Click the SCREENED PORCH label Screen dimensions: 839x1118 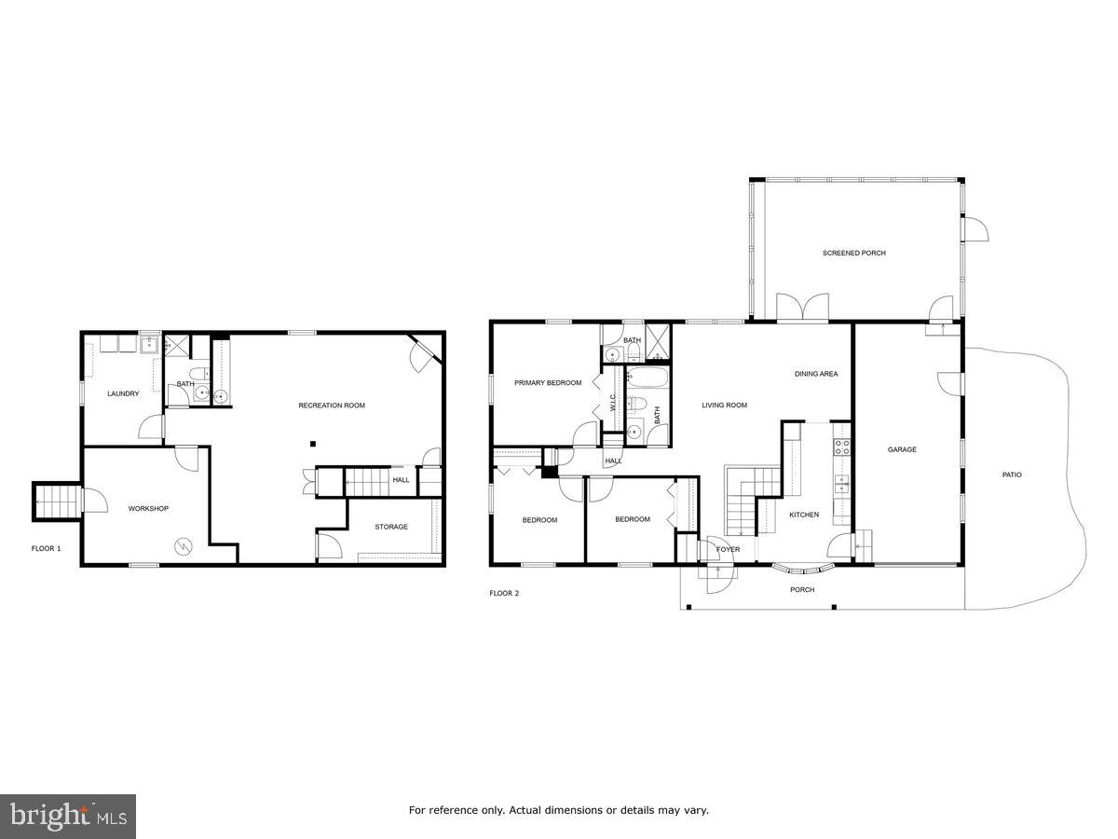[853, 254]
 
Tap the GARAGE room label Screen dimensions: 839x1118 [901, 449]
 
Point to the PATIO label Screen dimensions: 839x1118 [1012, 475]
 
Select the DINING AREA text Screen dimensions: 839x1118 [815, 374]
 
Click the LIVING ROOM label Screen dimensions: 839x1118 [724, 405]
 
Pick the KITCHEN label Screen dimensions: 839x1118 [803, 515]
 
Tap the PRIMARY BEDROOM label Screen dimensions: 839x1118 [548, 383]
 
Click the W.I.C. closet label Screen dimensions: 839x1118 [613, 402]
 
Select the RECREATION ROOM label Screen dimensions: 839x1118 [331, 406]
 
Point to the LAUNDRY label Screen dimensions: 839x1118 [123, 393]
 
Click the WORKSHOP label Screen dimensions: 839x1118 [148, 508]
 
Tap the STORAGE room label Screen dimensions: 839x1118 [391, 527]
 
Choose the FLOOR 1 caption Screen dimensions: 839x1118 [46, 548]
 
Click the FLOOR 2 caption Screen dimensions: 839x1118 [504, 593]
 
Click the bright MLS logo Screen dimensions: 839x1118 [68, 817]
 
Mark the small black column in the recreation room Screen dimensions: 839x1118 [313, 444]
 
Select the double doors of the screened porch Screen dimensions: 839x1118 [803, 308]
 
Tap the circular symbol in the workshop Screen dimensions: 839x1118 [184, 544]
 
